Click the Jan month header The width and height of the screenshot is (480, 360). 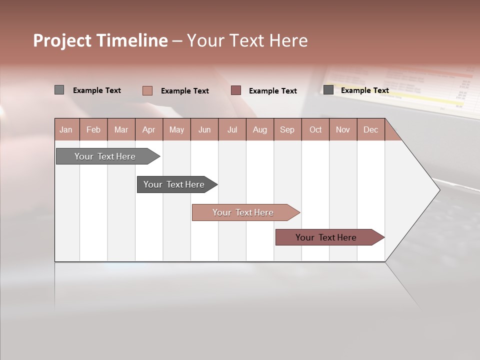coord(66,129)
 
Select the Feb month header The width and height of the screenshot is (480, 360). coord(93,129)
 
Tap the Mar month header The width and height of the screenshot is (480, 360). coord(121,129)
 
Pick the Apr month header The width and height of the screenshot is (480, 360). coord(149,129)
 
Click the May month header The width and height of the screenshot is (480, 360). coord(176,129)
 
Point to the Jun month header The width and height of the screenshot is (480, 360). coord(204,129)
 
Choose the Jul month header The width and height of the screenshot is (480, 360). coord(232,129)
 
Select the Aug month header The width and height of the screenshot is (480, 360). coord(260,129)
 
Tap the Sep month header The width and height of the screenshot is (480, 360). coord(287,129)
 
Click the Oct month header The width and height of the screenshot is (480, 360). coord(315,129)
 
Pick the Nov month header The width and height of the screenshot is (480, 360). coord(343,129)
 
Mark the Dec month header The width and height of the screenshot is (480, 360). coord(371,129)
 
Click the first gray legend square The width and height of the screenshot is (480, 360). coord(59,90)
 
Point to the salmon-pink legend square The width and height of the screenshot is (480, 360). coord(147,90)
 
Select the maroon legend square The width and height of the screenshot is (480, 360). coord(236,90)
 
